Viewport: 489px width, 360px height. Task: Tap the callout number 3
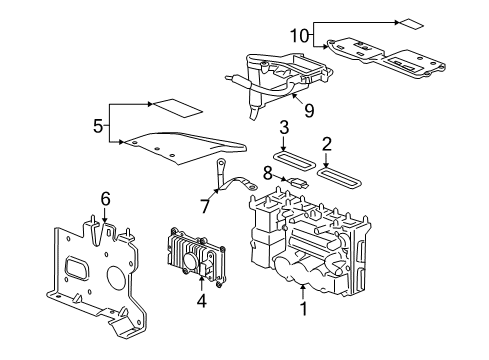coord(284,127)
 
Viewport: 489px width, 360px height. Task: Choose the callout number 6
coord(105,197)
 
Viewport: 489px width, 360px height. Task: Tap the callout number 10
coord(297,35)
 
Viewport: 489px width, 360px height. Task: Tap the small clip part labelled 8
coord(297,182)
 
